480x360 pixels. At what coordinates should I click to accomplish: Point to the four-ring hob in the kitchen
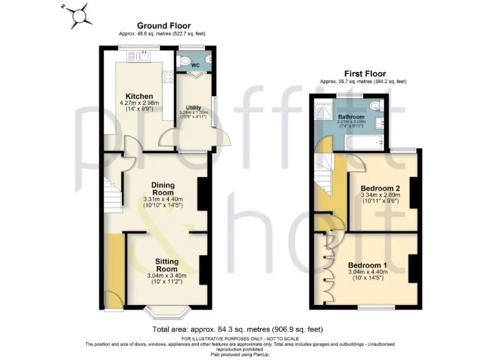point(167,77)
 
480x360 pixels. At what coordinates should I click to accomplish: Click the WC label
point(195,65)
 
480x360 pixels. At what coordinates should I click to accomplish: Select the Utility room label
point(193,107)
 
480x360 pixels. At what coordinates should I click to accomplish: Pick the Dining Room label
point(162,189)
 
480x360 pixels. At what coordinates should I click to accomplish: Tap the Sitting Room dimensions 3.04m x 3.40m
point(163,275)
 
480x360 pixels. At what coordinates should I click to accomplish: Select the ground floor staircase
point(112,193)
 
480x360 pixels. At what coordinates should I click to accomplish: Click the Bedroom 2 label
point(380,188)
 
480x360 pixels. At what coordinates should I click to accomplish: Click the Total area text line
point(238,329)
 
